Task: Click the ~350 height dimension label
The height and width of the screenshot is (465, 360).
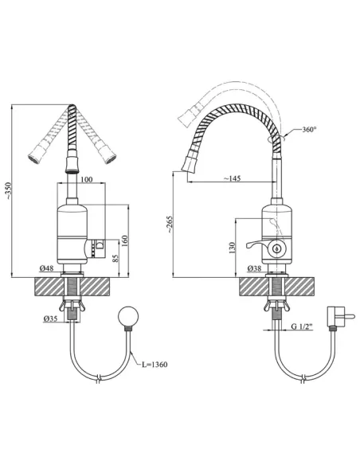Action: (x=9, y=190)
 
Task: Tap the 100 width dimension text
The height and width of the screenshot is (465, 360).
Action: (x=86, y=179)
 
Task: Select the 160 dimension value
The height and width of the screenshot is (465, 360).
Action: (x=124, y=241)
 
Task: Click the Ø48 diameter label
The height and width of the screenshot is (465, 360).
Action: (x=46, y=268)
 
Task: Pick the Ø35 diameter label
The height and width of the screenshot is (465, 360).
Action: (x=50, y=318)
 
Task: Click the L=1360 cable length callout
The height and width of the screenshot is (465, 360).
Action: (x=155, y=364)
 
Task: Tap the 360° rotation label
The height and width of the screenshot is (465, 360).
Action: (x=309, y=129)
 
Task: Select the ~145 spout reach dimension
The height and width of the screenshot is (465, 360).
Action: (x=232, y=178)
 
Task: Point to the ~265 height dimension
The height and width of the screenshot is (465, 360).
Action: (x=169, y=225)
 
